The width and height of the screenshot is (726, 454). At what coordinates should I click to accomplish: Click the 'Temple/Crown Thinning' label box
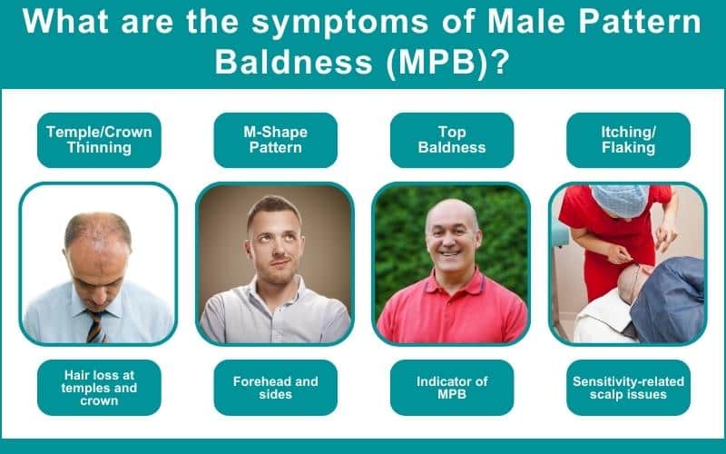click(x=99, y=140)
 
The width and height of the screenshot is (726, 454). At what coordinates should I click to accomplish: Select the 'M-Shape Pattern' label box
click(x=275, y=140)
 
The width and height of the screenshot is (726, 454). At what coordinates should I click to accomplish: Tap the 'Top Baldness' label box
click(x=451, y=140)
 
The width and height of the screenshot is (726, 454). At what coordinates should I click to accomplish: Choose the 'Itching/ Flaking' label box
click(x=628, y=140)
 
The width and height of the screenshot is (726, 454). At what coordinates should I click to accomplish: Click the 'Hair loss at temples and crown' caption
click(x=99, y=388)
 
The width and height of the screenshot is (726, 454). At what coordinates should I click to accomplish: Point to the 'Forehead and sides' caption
click(x=275, y=388)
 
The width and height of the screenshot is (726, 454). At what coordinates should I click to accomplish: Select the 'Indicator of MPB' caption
click(x=451, y=388)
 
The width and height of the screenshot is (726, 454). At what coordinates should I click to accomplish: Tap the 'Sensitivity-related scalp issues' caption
click(x=628, y=388)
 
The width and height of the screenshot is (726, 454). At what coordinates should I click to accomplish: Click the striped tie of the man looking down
click(x=94, y=324)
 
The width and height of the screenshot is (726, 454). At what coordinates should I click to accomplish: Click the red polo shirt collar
click(x=451, y=289)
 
